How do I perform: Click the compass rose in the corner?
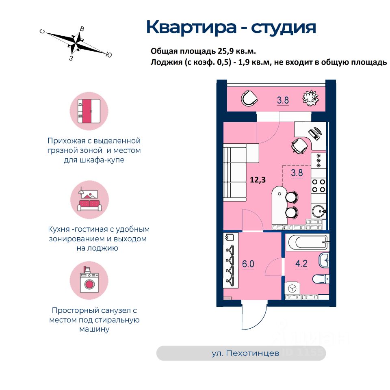coord(76,42)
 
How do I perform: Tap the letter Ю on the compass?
coord(108,54)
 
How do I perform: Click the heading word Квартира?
coord(191,27)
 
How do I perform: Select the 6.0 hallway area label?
coord(248,264)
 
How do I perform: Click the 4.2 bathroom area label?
coord(301,264)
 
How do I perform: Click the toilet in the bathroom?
coord(321,279)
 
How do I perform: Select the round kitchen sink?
coord(319,211)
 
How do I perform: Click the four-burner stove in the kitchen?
coord(318,185)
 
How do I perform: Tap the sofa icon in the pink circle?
coord(89,199)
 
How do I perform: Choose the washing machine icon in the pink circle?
coord(89,280)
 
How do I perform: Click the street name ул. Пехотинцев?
coord(245,353)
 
